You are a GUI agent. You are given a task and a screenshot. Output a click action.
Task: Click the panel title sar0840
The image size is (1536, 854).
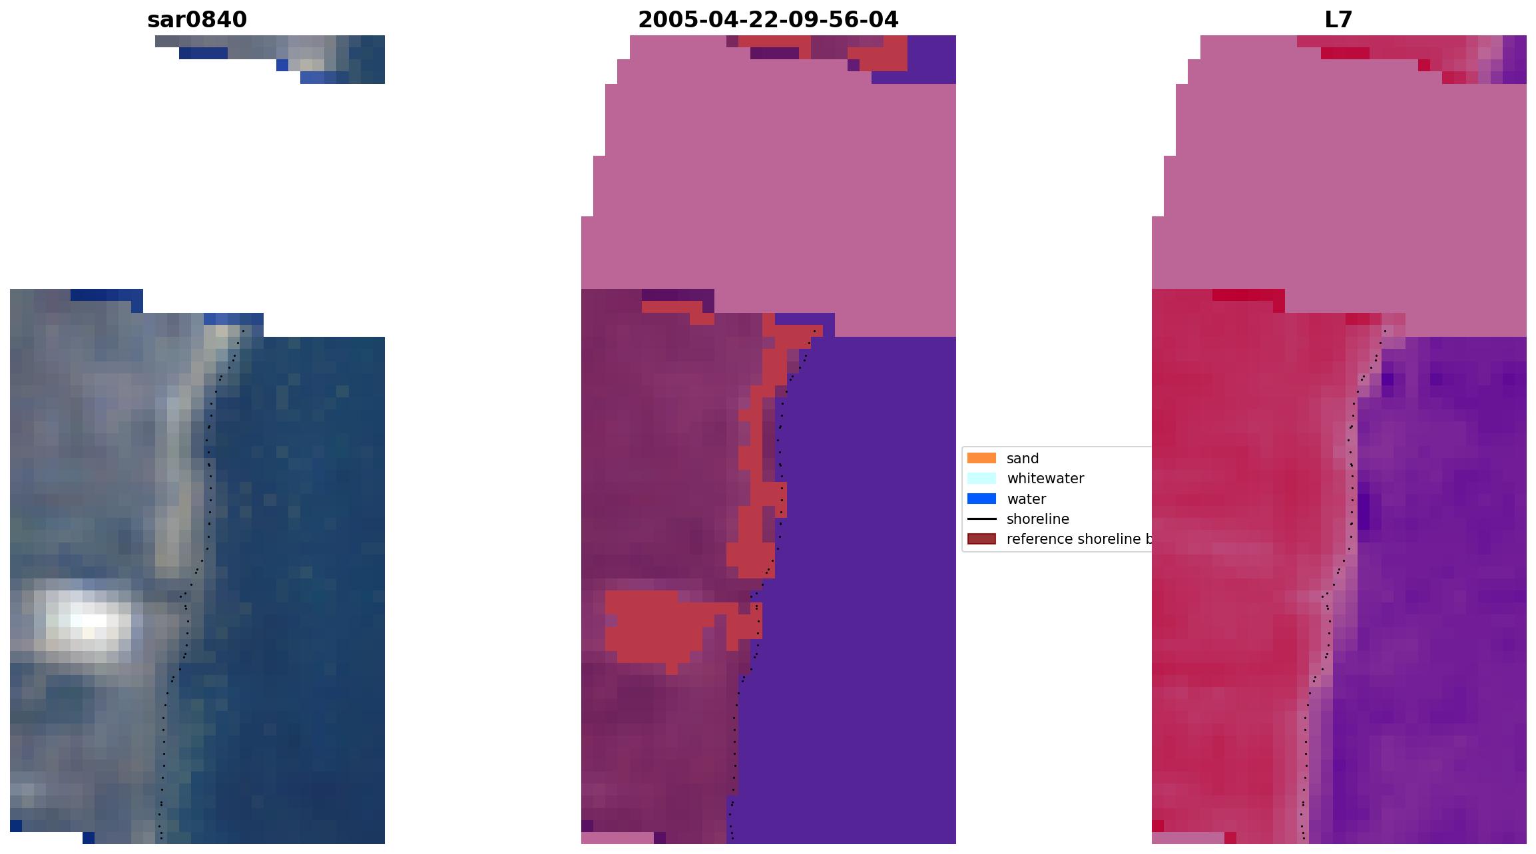[197, 20]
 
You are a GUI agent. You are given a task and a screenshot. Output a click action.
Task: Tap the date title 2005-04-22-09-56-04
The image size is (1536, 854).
[768, 20]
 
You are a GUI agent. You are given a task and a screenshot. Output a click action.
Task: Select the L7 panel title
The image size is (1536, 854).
[1338, 20]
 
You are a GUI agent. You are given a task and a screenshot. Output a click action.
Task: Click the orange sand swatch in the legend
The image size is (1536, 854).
[981, 458]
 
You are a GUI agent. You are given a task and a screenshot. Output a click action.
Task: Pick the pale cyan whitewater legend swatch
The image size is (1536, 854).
[981, 478]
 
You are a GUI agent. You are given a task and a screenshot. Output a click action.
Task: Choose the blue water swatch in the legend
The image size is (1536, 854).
[981, 499]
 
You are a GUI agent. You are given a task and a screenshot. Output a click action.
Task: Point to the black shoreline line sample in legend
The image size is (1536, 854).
[981, 519]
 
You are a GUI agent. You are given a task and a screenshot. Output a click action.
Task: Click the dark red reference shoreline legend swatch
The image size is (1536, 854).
[981, 538]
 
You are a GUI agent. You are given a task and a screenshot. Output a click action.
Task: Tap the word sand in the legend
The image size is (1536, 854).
[1023, 459]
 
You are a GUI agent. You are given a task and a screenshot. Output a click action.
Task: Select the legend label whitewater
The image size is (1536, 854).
[1045, 479]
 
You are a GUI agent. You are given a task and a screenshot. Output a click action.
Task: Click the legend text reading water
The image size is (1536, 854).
[1026, 499]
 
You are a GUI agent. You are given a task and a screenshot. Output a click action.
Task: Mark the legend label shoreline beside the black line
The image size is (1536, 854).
[1037, 519]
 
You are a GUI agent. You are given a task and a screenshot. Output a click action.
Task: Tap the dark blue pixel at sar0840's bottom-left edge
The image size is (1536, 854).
[16, 826]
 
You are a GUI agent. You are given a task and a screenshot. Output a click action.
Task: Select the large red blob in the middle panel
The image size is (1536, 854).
[652, 626]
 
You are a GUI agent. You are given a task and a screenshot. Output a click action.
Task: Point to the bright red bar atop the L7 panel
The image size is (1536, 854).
[1345, 53]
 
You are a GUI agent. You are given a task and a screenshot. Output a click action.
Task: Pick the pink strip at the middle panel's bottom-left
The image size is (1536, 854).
[617, 838]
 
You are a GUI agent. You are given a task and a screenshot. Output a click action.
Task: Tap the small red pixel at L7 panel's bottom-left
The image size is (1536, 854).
[1158, 826]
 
